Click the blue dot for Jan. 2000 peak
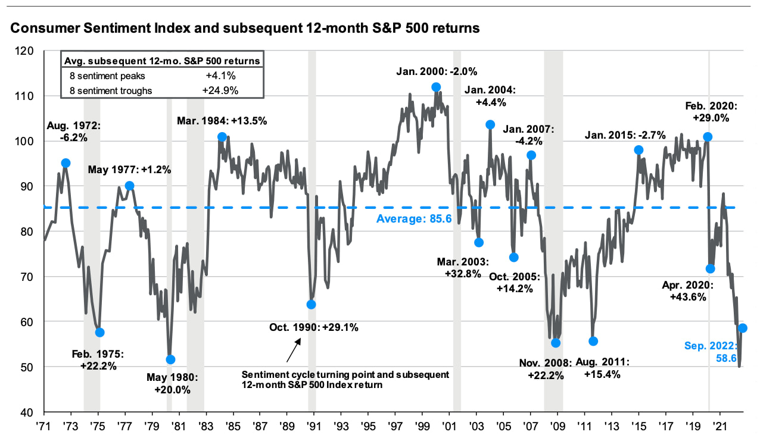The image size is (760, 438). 436,87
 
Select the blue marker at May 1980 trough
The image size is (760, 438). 170,359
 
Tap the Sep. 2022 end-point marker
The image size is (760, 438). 743,328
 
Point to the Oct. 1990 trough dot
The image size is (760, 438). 311,305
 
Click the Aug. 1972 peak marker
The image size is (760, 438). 66,163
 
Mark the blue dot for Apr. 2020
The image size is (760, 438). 710,269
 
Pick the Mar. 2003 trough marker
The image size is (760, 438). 479,242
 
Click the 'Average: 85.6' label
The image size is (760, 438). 414,219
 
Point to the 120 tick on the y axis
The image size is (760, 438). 31,51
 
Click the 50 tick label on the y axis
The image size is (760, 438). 33,367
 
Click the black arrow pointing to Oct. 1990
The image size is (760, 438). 293,352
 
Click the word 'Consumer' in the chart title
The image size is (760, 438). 40,27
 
